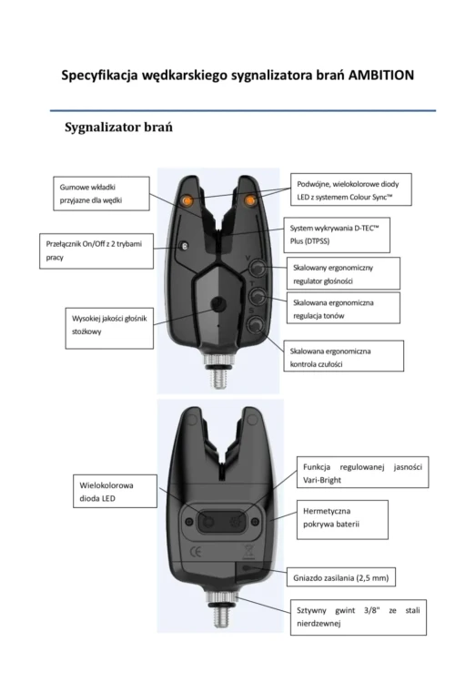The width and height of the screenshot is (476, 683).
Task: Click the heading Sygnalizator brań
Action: click(118, 127)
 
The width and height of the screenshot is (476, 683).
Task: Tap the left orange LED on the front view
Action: click(187, 200)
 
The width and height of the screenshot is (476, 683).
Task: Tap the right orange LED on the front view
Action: click(250, 200)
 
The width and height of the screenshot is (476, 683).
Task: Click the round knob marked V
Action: click(257, 268)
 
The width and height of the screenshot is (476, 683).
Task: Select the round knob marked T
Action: click(257, 297)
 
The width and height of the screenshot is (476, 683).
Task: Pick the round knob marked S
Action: click(256, 324)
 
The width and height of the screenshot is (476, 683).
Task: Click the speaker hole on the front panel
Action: click(218, 303)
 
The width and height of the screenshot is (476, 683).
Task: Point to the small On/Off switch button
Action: click(185, 246)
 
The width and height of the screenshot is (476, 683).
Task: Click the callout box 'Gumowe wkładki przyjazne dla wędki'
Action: click(101, 194)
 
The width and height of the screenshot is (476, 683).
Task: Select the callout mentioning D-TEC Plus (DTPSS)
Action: click(337, 235)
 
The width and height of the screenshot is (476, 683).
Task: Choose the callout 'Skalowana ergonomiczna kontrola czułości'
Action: click(344, 356)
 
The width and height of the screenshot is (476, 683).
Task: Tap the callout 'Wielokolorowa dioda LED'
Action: click(115, 492)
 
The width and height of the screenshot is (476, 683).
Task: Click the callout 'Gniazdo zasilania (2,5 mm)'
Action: click(341, 578)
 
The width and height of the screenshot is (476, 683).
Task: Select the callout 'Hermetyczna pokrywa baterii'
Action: click(342, 520)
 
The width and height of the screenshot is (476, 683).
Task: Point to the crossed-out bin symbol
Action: click(248, 552)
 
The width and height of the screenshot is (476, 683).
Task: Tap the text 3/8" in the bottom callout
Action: click(371, 610)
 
